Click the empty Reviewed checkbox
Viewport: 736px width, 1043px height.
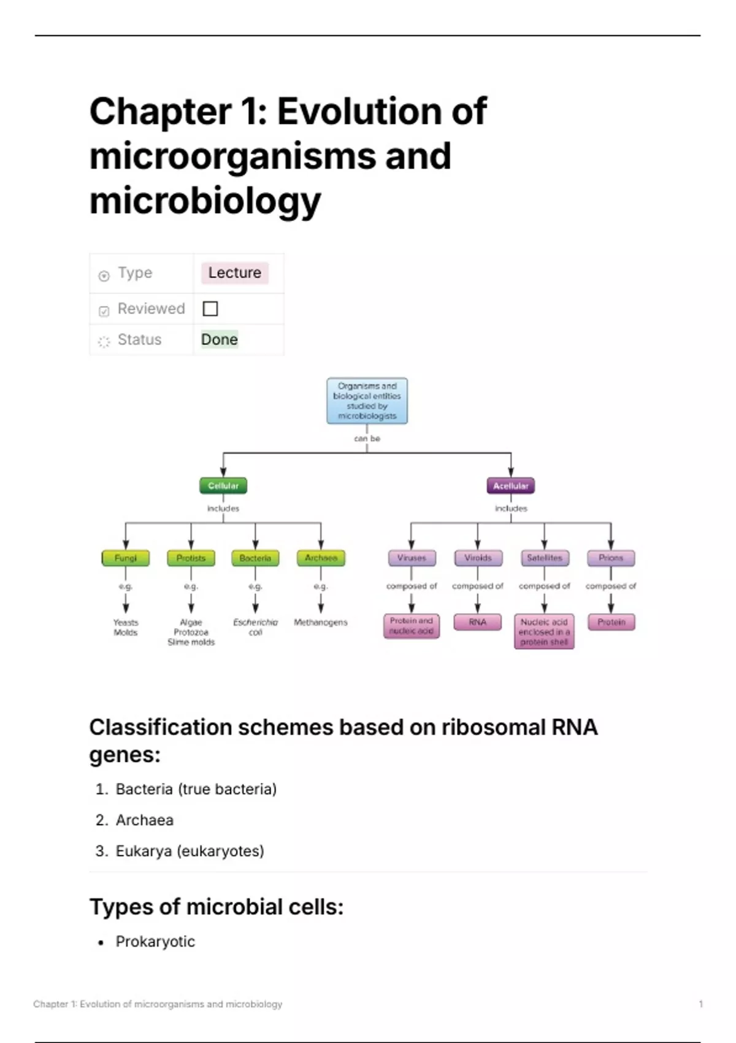click(x=210, y=309)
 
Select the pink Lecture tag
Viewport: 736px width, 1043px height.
click(x=234, y=272)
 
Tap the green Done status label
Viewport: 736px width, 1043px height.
click(x=220, y=339)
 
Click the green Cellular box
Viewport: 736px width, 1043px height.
click(x=223, y=485)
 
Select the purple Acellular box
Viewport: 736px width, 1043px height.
click(x=510, y=485)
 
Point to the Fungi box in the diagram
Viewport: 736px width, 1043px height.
click(x=126, y=558)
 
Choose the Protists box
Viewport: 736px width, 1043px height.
click(x=191, y=558)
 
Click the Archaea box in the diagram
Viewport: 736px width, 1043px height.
click(x=321, y=558)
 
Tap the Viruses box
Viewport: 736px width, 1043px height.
click(x=412, y=558)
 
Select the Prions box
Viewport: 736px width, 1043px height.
click(x=611, y=558)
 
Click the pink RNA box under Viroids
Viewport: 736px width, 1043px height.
click(x=478, y=622)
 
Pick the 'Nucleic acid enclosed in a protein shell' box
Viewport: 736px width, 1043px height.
click(x=544, y=631)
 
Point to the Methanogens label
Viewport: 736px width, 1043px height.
click(x=320, y=622)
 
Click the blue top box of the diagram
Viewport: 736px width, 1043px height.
click(x=367, y=401)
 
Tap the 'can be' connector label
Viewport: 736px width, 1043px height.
click(x=367, y=439)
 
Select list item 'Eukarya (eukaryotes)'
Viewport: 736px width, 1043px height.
click(x=190, y=851)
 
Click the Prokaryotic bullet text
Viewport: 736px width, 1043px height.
click(x=155, y=942)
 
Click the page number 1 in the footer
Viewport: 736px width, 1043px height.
click(x=700, y=1004)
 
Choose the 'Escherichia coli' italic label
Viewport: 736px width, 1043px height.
click(x=255, y=627)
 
